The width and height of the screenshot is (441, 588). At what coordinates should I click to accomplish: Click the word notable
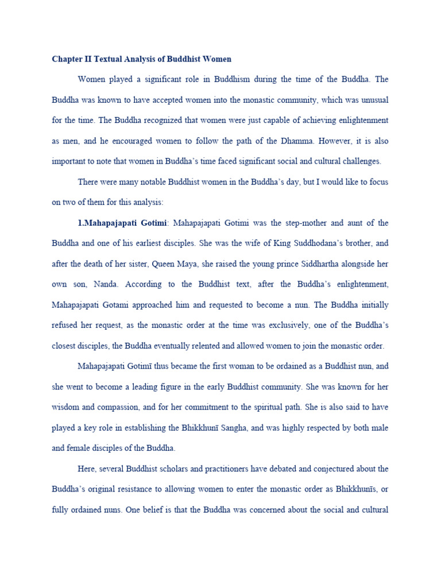141,182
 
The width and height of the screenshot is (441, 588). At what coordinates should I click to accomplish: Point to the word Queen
183,264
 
